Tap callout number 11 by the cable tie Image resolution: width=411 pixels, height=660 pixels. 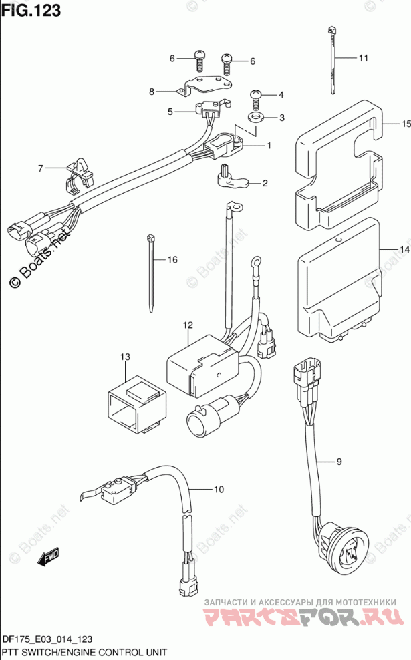coord(363,59)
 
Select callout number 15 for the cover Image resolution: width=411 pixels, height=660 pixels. coord(404,124)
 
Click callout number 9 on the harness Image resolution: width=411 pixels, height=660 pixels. coord(339,462)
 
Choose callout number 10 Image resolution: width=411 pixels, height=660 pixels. coord(218,490)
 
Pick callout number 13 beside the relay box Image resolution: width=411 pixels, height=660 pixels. coord(124,357)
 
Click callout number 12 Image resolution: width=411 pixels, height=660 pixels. coord(188,325)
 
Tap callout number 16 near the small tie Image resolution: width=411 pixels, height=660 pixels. coord(172,259)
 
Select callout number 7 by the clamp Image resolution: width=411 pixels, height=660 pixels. coord(40,168)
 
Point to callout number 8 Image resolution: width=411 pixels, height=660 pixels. coord(152,91)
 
